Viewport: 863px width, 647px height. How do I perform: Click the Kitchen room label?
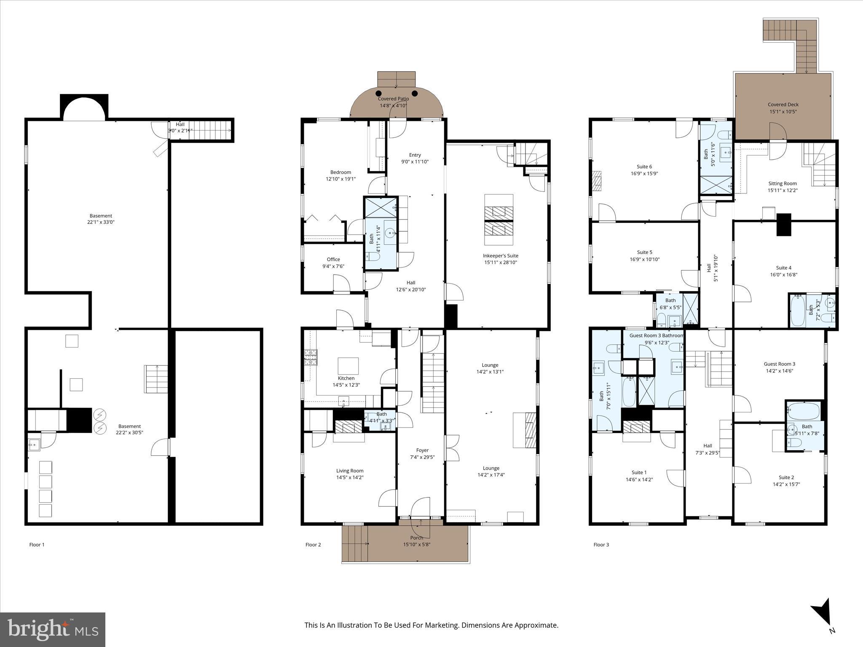tap(346, 378)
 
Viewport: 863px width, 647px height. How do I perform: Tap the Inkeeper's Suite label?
tap(500, 256)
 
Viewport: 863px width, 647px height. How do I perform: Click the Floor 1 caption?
tap(37, 545)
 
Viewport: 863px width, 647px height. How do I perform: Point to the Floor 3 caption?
tap(601, 545)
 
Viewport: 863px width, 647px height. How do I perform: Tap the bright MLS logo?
tap(53, 630)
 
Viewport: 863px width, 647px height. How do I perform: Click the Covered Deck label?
tap(783, 104)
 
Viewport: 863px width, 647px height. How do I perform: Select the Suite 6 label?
tap(644, 166)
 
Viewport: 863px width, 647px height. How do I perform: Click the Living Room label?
tap(349, 471)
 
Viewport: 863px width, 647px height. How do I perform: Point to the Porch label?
tap(416, 537)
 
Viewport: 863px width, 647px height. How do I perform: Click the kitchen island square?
tap(348, 366)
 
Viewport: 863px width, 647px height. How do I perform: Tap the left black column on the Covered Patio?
tap(379, 93)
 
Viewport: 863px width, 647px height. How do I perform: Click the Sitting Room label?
tap(782, 183)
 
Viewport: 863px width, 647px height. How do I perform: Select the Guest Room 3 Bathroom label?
tap(656, 335)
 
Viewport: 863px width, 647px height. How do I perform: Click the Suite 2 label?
tap(786, 477)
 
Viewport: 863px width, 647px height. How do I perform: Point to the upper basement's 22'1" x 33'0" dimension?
tap(101, 222)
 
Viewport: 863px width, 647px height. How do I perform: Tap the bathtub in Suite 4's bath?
tap(798, 311)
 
